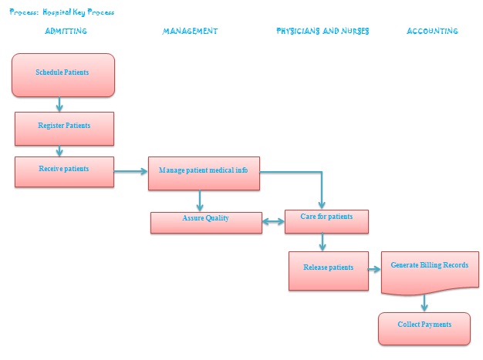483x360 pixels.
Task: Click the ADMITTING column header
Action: [66, 32]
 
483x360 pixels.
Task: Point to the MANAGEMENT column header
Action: [190, 32]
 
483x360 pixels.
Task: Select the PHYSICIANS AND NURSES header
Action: [323, 32]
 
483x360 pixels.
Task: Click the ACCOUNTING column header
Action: [432, 32]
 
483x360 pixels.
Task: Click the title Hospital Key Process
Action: [62, 12]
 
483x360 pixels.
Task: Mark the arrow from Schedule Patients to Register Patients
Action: [59, 104]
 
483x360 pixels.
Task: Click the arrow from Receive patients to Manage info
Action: [131, 171]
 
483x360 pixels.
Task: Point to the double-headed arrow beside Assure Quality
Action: [273, 222]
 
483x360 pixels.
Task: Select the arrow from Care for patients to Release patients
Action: [323, 241]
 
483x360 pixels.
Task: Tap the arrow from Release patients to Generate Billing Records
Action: [375, 270]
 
